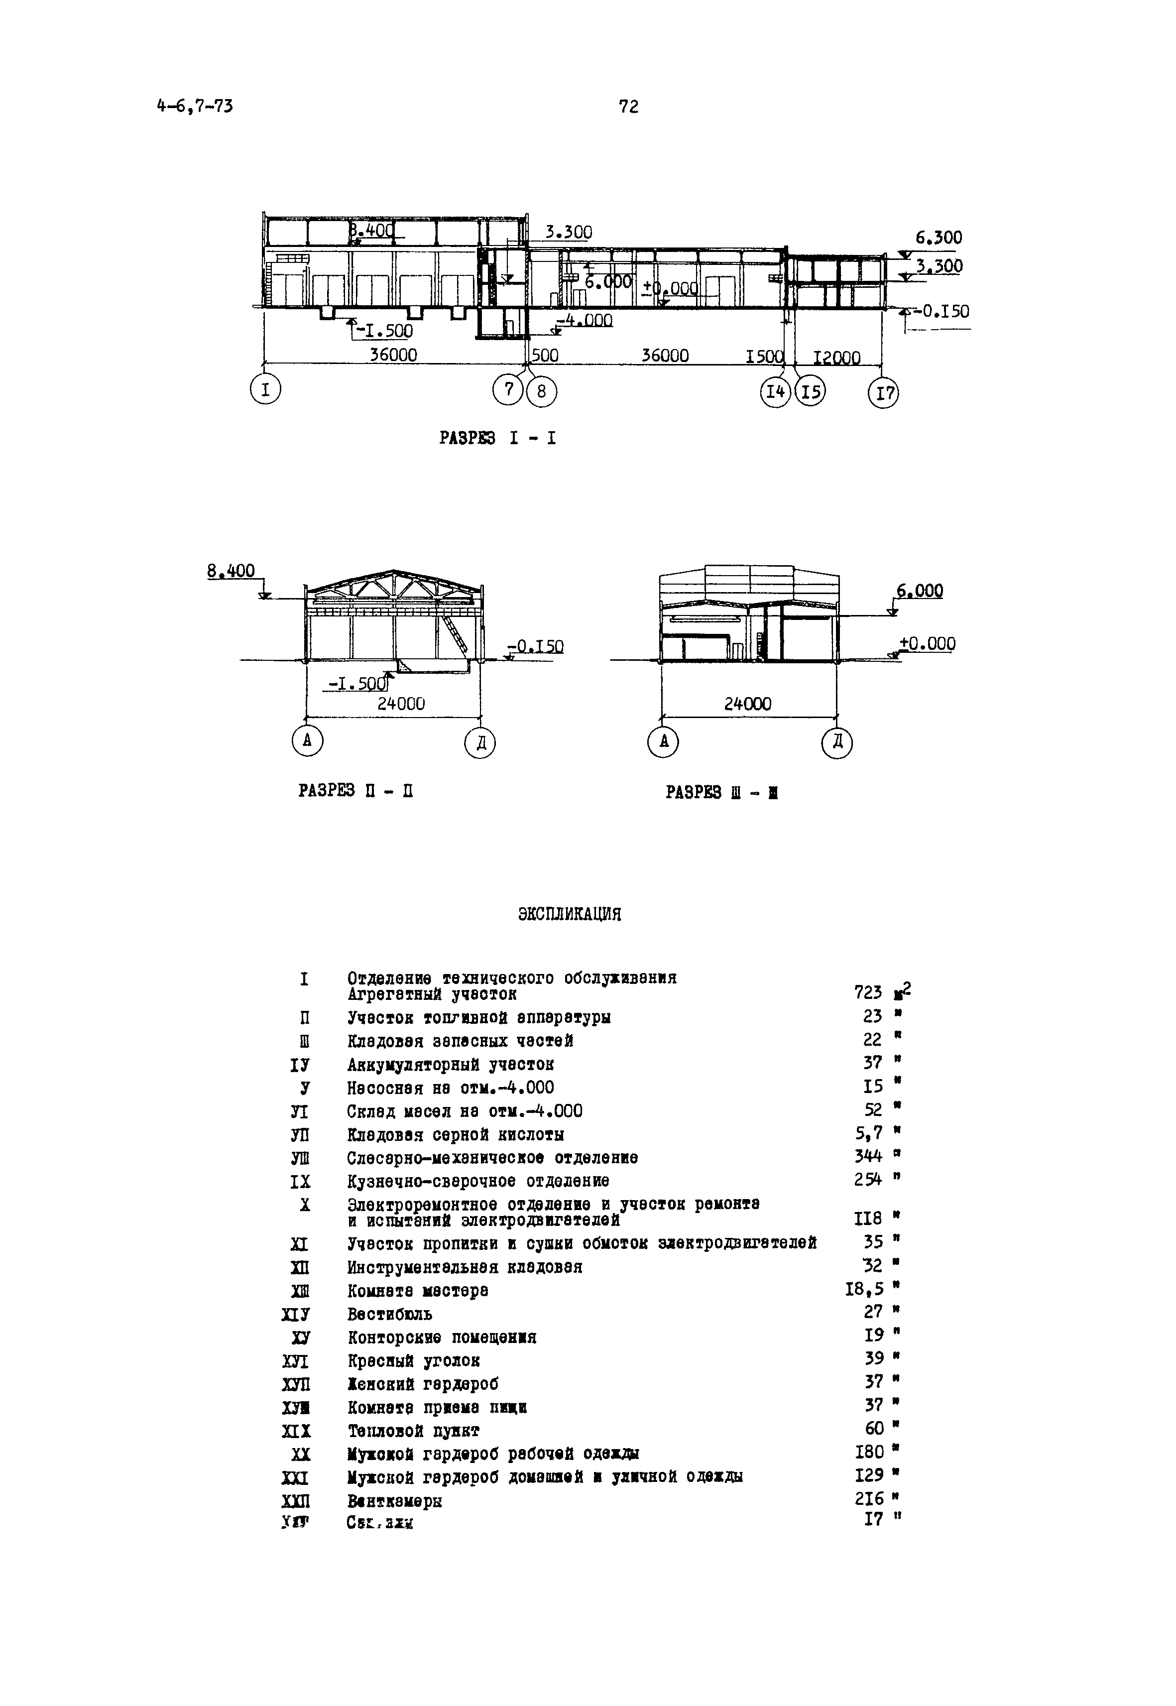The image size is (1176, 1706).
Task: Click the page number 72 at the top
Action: pos(628,107)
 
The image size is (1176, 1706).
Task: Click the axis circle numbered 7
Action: pos(508,388)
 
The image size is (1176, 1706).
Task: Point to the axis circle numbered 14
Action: pos(774,391)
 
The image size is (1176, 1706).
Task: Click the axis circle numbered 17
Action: pos(884,393)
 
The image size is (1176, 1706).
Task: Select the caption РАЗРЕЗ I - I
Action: pos(497,439)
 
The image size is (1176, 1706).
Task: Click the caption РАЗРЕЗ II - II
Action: pos(355,791)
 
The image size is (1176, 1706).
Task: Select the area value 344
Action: pos(868,1156)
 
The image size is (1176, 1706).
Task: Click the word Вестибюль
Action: pos(390,1315)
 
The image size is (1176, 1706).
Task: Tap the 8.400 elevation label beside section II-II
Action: pos(231,571)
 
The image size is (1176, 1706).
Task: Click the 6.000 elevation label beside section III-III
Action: pos(920,591)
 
